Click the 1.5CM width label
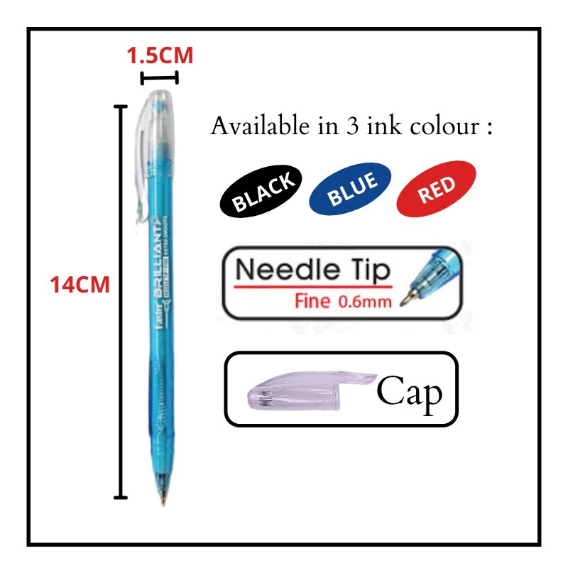(160, 55)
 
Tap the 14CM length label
(80, 285)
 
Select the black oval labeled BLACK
(263, 191)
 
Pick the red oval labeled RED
(436, 189)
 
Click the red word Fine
(312, 301)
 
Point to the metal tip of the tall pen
(164, 496)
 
